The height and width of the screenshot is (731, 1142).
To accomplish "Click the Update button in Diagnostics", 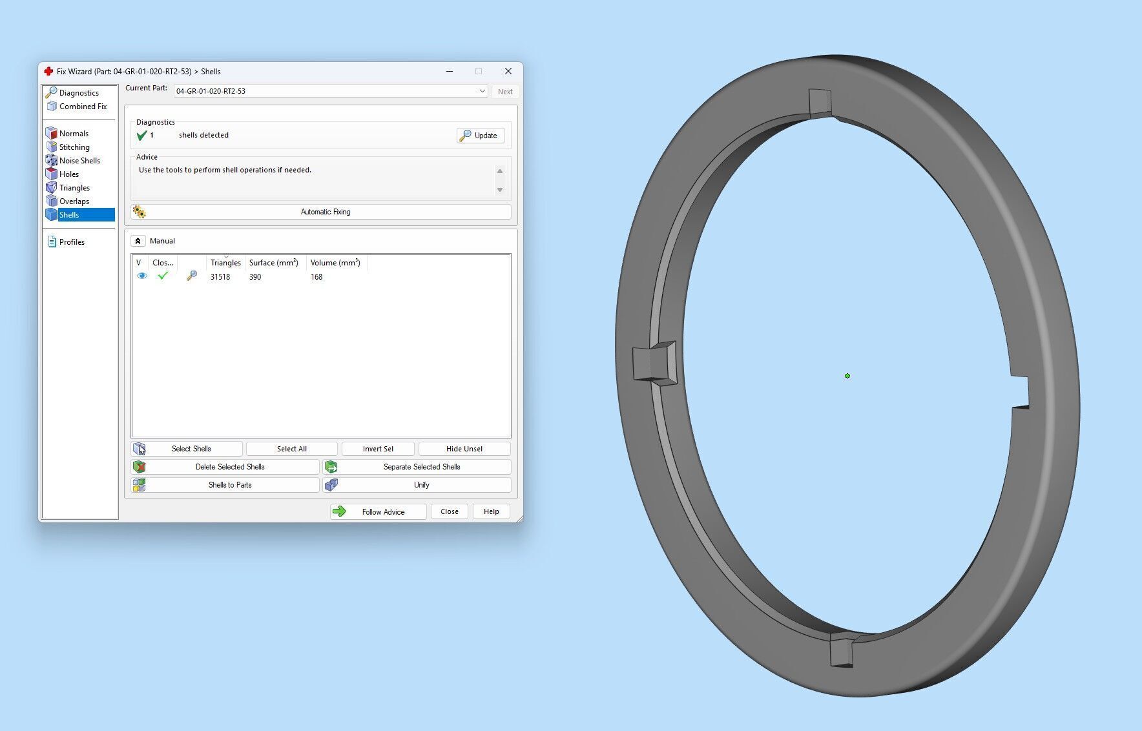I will (x=481, y=136).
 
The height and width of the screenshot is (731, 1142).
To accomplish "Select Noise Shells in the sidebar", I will (x=79, y=161).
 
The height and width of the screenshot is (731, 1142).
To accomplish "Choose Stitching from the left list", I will (x=74, y=147).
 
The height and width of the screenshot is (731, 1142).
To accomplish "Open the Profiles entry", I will (x=72, y=242).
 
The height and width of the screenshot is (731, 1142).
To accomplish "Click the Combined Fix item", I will (x=83, y=107).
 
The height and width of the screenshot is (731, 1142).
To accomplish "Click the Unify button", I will (x=417, y=485).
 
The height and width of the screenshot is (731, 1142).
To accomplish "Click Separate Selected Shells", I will (x=417, y=467).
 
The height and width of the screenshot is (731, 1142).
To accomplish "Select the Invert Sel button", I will (x=378, y=449).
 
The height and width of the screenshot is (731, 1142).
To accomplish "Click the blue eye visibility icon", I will (x=142, y=276).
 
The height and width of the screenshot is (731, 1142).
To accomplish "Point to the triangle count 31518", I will (x=220, y=277).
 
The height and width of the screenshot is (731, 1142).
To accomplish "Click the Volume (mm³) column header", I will (x=335, y=263).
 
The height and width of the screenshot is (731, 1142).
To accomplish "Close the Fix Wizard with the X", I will (x=508, y=72).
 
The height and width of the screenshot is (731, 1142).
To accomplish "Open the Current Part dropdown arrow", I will (x=482, y=91).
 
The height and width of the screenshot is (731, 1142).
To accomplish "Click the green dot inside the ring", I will (x=847, y=376).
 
